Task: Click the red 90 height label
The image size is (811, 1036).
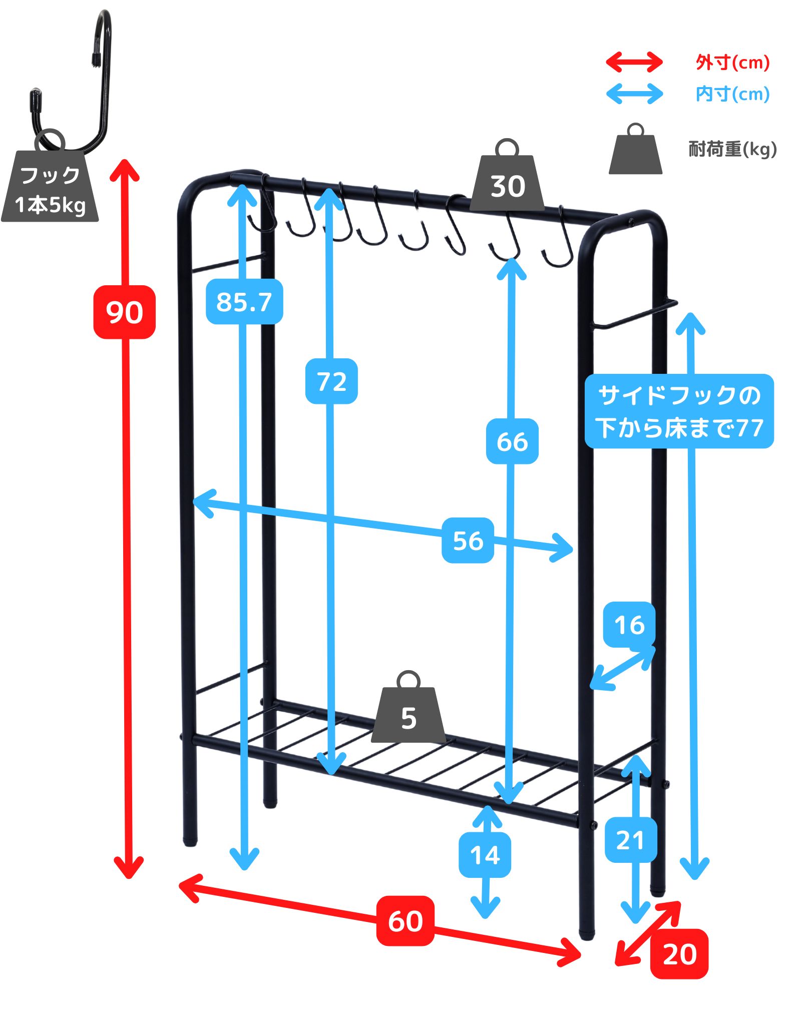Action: pos(125,312)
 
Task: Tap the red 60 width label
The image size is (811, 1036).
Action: pos(405,921)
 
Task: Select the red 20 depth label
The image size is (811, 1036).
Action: pos(679,954)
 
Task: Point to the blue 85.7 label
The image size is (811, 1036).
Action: pos(244,302)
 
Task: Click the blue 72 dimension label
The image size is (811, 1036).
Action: pos(331,381)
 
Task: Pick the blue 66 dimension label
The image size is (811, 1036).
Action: pos(512,441)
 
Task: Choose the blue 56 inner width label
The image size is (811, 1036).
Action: pos(468,541)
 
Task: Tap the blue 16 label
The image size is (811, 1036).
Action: pos(629,625)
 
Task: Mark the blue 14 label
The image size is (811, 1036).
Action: pos(485,855)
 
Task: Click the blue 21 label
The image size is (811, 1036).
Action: pos(631,840)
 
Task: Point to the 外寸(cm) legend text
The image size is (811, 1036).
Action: pos(732,63)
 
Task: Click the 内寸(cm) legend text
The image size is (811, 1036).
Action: pos(732,94)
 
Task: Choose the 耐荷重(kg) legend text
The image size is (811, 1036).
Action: pos(732,149)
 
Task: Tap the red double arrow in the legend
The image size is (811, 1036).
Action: pos(634,62)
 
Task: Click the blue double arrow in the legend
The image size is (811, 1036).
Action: pos(634,94)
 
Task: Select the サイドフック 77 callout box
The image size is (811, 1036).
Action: pos(679,411)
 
